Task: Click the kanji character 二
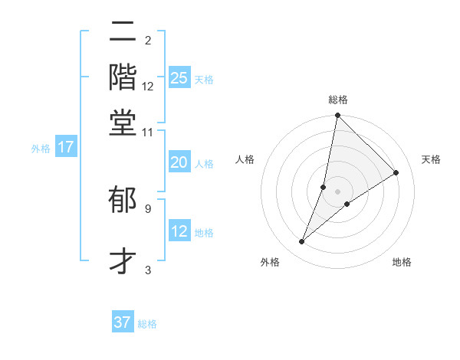[x=123, y=34]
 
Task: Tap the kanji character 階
[x=123, y=77]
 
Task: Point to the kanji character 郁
[x=123, y=201]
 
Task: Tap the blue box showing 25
[x=179, y=78]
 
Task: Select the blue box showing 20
[x=179, y=162]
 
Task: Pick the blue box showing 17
[x=65, y=147]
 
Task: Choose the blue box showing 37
[x=123, y=322]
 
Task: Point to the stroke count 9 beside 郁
[x=147, y=208]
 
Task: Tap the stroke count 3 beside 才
[x=147, y=270]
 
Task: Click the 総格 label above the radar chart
[x=338, y=100]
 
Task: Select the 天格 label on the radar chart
[x=431, y=159]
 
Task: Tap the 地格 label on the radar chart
[x=402, y=262]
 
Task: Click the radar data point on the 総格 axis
[x=338, y=116]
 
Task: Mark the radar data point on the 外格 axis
[x=302, y=242]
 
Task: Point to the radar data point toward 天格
[x=396, y=172]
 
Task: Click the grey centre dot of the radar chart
[x=338, y=191]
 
